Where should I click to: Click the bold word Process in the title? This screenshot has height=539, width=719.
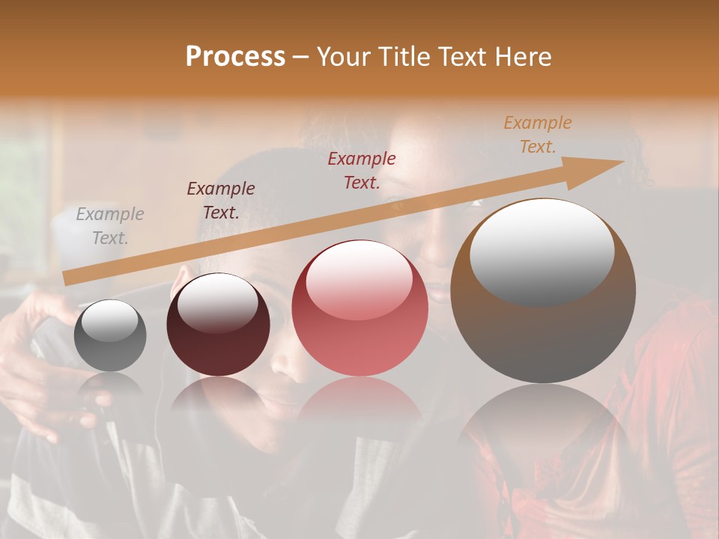tap(235, 57)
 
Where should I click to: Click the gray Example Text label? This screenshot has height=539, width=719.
tap(110, 226)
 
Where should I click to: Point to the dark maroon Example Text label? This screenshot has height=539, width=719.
tap(221, 201)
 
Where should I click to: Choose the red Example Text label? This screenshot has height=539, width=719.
tap(362, 170)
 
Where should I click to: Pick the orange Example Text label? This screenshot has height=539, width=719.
tap(537, 135)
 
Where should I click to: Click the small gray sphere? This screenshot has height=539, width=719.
tap(110, 335)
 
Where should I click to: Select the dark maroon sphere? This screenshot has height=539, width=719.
tap(218, 324)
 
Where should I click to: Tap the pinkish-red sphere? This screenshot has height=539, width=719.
tap(359, 308)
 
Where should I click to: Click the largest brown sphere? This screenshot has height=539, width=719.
tap(543, 290)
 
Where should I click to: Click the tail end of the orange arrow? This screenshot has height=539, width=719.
tap(66, 278)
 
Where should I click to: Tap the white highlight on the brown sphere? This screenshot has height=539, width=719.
tap(541, 251)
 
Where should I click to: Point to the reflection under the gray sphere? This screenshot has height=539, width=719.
tap(110, 386)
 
